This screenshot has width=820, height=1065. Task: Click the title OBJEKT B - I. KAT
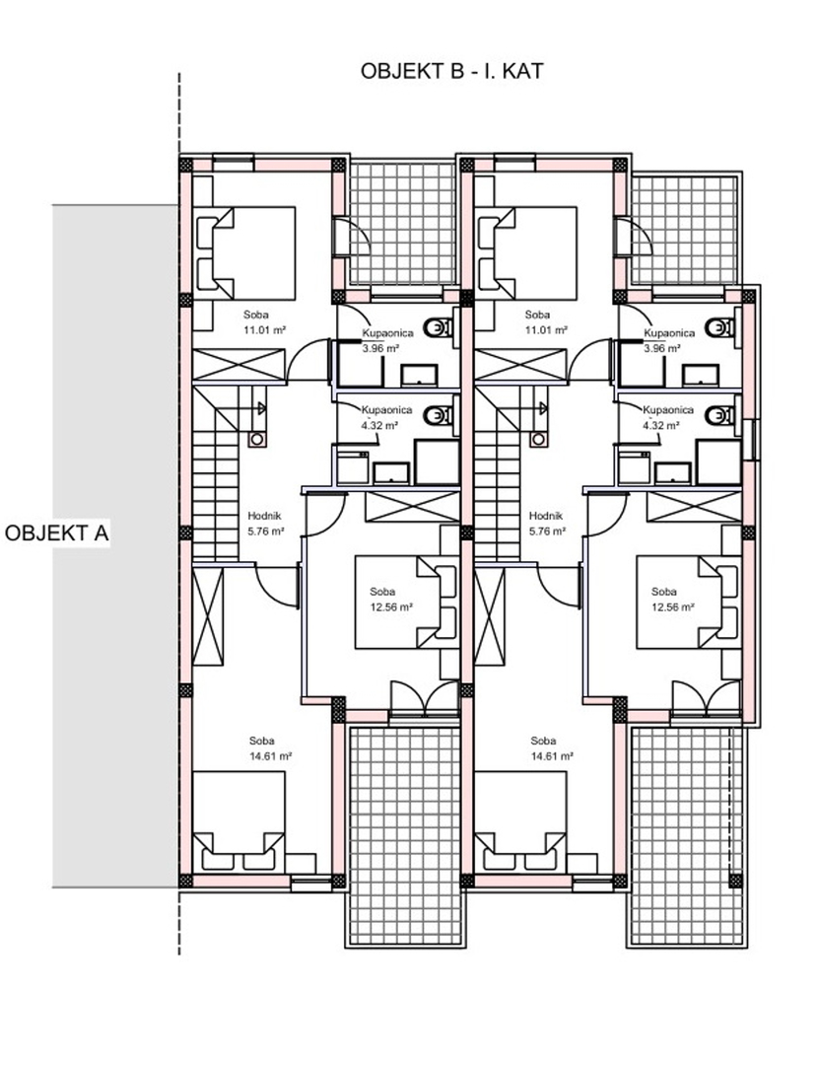(452, 71)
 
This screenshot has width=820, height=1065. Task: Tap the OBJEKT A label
(57, 533)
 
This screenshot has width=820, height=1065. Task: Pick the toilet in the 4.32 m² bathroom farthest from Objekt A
(720, 415)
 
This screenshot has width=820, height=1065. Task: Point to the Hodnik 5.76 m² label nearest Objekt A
(265, 524)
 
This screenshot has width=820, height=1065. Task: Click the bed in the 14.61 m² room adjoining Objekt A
(239, 821)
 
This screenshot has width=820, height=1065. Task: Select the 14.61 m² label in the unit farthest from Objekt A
(553, 755)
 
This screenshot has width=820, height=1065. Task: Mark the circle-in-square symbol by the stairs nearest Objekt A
(256, 439)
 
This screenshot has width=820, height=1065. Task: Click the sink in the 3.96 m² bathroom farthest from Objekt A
(700, 375)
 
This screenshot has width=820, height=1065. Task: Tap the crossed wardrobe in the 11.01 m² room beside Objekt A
(239, 365)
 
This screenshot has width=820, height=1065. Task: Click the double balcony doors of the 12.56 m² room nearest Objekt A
(424, 698)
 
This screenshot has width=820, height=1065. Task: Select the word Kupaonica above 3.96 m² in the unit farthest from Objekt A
(669, 333)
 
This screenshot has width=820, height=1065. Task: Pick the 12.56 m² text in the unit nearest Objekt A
(391, 607)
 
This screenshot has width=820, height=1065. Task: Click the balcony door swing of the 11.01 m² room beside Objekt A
(352, 237)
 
